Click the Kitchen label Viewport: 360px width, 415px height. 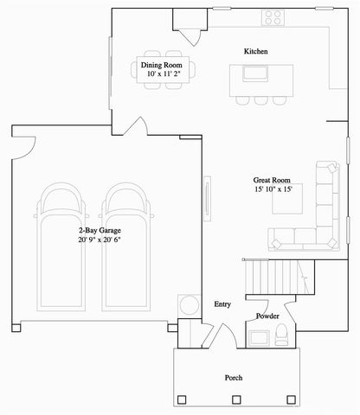point(255,52)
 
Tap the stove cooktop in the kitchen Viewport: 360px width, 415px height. point(274,16)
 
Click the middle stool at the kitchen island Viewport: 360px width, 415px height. point(260,99)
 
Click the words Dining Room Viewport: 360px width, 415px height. point(161,64)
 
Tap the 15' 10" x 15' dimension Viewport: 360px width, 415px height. point(273,188)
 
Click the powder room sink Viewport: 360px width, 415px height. point(260,335)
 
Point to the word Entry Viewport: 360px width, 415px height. point(222,304)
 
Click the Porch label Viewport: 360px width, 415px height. point(234,379)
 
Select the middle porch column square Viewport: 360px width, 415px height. point(236,399)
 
